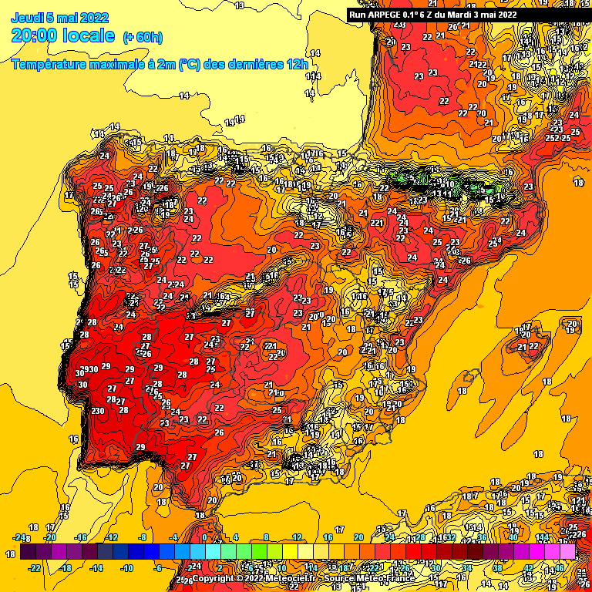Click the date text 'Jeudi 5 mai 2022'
pos(60,17)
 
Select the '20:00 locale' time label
pos(64,35)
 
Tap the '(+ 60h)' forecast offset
pos(143,36)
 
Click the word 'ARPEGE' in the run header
pos(386,14)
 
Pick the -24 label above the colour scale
pos(20,537)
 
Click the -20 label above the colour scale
pos(50,537)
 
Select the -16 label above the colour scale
pos(81,537)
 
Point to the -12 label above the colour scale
pos(112,537)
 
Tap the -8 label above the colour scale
pos(142,537)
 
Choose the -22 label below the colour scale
pos(35,567)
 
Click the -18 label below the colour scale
pos(66,567)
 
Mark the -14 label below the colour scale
pos(96,567)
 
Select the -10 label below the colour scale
pos(127,567)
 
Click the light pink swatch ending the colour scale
pos(567,552)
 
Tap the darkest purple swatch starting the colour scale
pos(28,552)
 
